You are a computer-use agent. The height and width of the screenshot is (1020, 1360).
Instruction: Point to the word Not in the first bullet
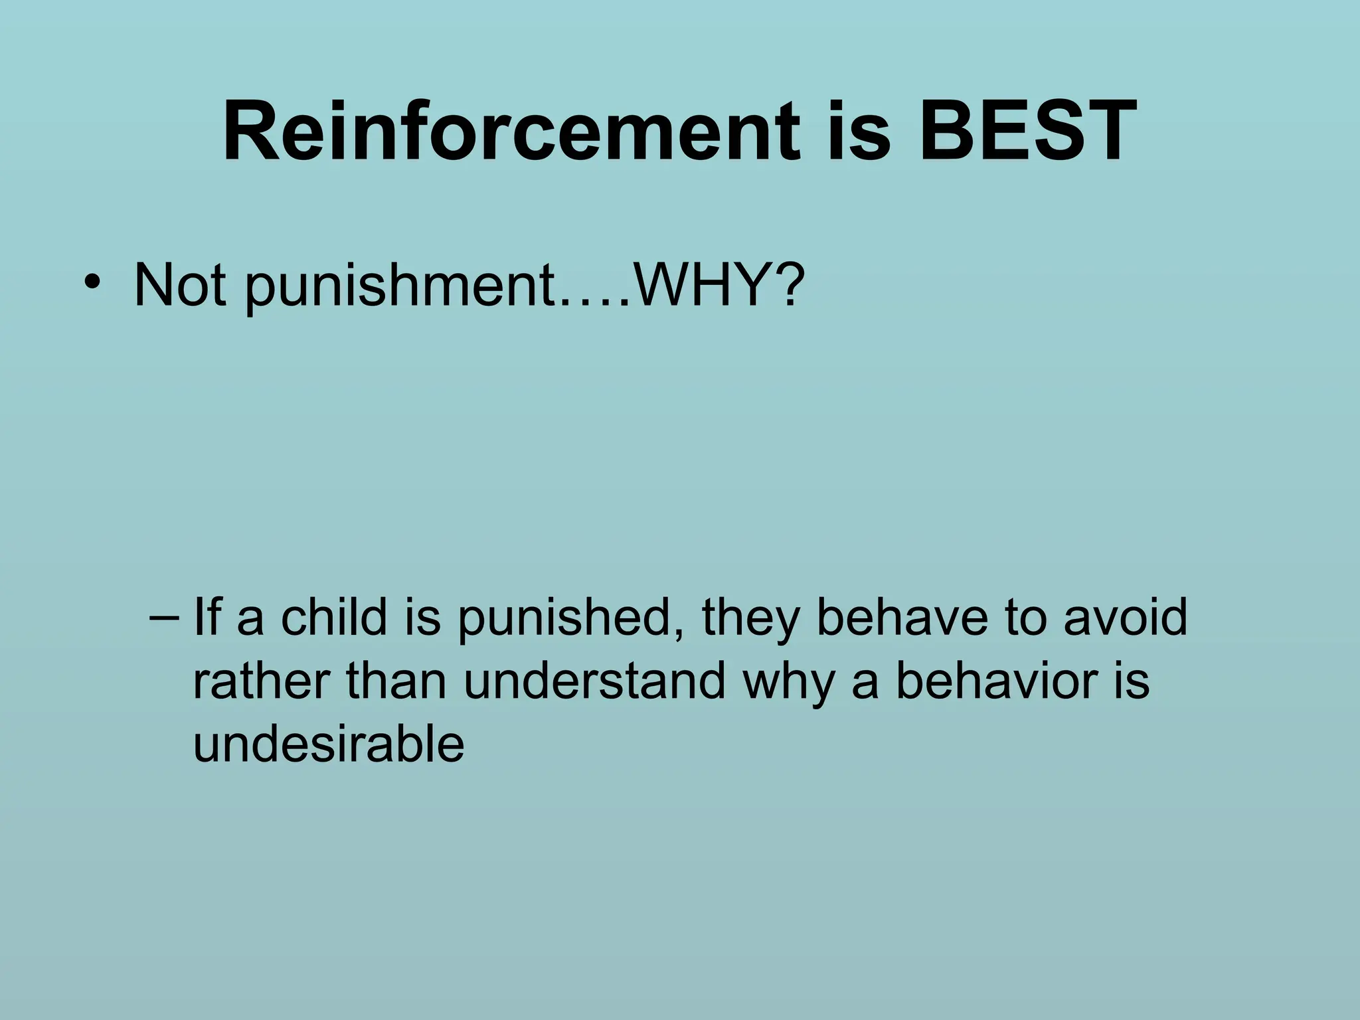(x=179, y=286)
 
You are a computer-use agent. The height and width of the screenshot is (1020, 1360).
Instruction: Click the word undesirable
(x=329, y=744)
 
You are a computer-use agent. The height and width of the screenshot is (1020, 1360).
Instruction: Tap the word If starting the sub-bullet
(x=207, y=618)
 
